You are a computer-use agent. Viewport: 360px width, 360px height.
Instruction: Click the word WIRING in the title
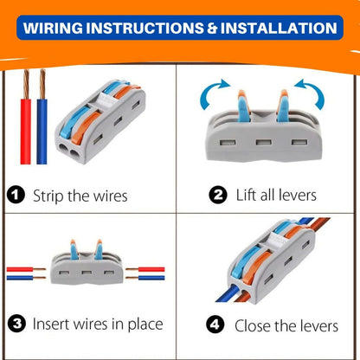[x=53, y=28]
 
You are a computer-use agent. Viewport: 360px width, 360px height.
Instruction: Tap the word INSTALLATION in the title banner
[x=279, y=28]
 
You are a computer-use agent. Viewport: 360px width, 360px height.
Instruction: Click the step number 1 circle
[x=16, y=195]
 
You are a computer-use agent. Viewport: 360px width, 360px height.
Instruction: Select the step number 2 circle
[x=218, y=195]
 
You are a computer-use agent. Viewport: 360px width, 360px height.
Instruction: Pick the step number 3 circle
[x=16, y=324]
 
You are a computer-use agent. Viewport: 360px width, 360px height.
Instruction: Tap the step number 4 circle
[x=215, y=325]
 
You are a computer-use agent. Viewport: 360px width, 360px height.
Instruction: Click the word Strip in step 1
[x=48, y=196]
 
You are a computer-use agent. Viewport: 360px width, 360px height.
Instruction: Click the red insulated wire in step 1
[x=25, y=132]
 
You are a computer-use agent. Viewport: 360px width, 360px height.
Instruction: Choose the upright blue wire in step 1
[x=42, y=132]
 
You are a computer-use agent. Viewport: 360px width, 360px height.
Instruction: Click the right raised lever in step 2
[x=282, y=106]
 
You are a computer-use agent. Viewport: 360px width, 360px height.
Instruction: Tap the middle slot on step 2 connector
[x=264, y=142]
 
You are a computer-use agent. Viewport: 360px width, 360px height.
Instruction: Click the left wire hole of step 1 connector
[x=64, y=148]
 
